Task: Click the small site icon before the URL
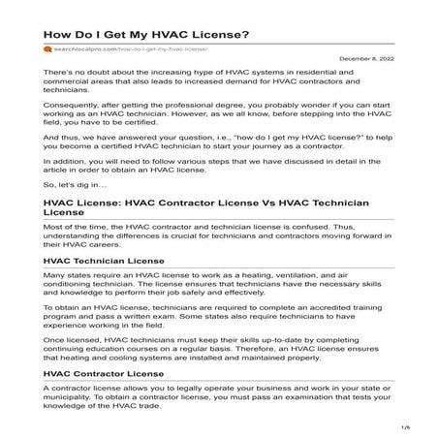coord(46,47)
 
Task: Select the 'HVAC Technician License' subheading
coord(108,261)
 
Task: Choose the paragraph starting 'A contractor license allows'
coord(203,394)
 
